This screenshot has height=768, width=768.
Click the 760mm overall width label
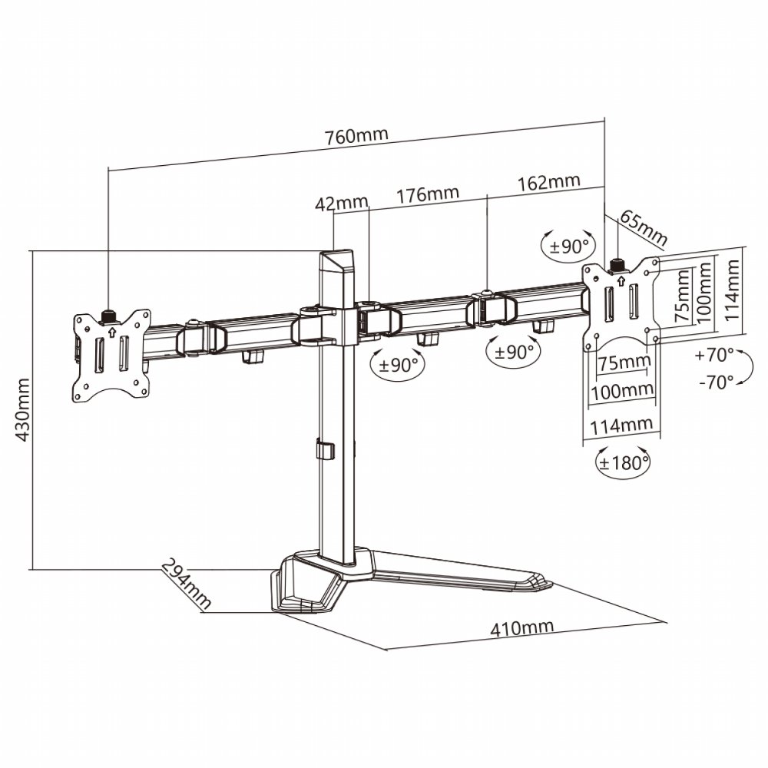pyautogui.click(x=357, y=136)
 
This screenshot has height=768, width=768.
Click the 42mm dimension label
pyautogui.click(x=341, y=204)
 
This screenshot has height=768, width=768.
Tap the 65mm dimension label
pyautogui.click(x=643, y=226)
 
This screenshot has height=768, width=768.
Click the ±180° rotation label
pyautogui.click(x=624, y=462)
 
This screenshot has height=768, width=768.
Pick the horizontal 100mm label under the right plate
pyautogui.click(x=621, y=390)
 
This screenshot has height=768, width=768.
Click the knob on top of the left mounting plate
pyautogui.click(x=108, y=316)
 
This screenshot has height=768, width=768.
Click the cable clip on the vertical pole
pyautogui.click(x=323, y=450)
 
